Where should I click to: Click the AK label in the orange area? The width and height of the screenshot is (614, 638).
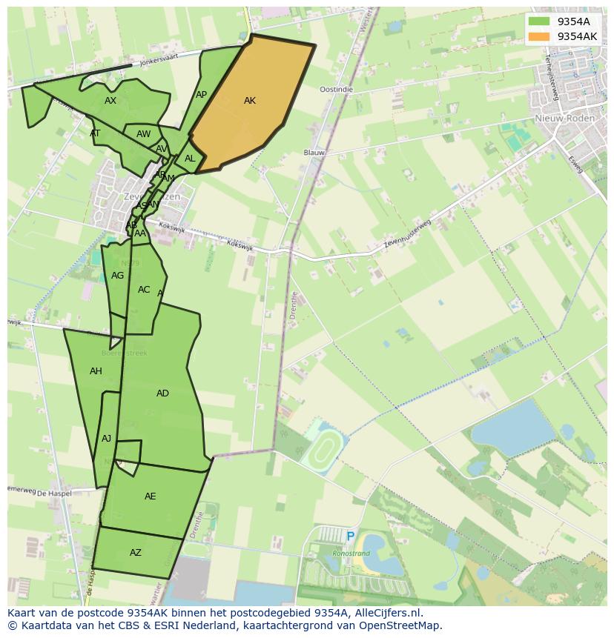[249, 101]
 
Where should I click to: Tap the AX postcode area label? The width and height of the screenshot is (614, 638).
[110, 101]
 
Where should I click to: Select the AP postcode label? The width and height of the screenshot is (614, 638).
[201, 95]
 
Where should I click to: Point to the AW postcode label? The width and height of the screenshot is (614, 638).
[143, 135]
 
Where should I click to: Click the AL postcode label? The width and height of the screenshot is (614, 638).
[190, 159]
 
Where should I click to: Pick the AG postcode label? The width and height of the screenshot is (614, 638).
[117, 276]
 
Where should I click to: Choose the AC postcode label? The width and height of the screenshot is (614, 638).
[144, 290]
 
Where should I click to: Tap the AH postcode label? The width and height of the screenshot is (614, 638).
[96, 371]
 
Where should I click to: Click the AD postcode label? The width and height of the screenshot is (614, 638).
[162, 393]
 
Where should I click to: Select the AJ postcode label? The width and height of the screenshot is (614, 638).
[106, 439]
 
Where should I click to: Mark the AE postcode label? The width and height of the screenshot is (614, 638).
[150, 496]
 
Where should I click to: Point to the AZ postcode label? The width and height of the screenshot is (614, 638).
[135, 553]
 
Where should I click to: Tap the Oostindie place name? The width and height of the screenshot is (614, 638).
[336, 90]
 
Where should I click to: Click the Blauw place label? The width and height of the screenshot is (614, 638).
[314, 153]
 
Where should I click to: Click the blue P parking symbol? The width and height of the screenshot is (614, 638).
[350, 536]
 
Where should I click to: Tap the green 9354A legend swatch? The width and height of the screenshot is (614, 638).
[539, 21]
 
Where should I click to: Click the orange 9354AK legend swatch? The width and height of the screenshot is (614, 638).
[539, 36]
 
